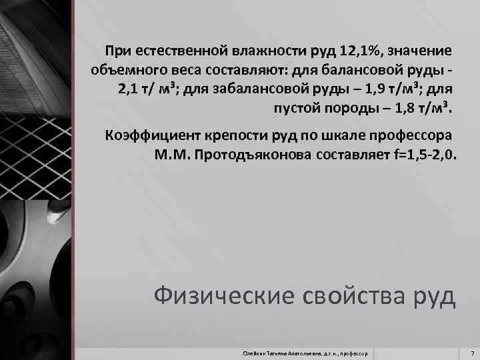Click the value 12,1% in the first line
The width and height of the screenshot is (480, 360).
pos(363,51)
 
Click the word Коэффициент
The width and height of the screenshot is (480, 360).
pos(147,136)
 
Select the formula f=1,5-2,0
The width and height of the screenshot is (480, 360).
pos(421,155)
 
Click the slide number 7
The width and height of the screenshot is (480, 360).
pos(471,351)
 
